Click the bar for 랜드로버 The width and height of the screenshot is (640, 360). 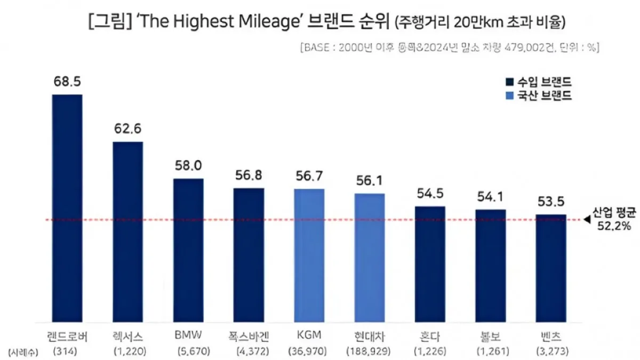[67, 208]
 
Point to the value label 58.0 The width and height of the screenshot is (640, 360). [188, 166]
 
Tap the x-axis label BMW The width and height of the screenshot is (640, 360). [188, 337]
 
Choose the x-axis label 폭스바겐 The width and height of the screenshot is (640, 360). [248, 337]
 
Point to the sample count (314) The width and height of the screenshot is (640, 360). [67, 351]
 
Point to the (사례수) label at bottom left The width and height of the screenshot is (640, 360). [21, 351]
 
